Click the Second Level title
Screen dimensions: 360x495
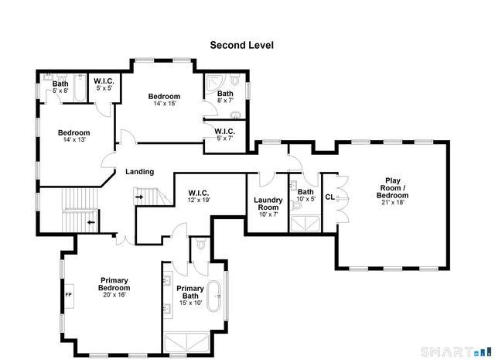point(242,45)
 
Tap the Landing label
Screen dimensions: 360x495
point(139,172)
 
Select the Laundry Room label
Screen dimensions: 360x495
point(268,204)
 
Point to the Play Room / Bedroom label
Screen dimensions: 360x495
point(392,190)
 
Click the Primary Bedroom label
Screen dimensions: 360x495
point(113,286)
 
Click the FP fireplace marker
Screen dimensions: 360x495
point(68,295)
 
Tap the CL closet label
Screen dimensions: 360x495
point(329,197)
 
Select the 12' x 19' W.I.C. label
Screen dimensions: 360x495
point(199,196)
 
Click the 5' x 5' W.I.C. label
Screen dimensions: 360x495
point(104,84)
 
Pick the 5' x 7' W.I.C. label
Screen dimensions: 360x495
point(224,135)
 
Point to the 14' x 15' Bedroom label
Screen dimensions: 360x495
point(164,100)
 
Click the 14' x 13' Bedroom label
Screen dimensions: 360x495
point(74,135)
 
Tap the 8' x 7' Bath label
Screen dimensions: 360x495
point(224,97)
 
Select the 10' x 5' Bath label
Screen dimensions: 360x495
point(306,195)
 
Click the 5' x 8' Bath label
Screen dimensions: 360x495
point(60,87)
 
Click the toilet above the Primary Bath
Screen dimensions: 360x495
point(200,245)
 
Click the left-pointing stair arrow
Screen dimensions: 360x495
point(90,223)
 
